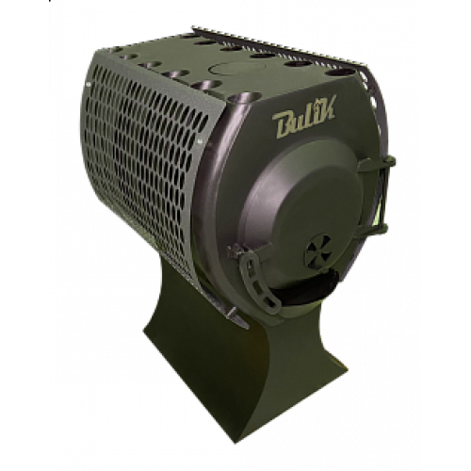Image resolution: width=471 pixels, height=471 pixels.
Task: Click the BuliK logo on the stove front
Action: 304,117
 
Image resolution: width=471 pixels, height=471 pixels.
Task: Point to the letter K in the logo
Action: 326,106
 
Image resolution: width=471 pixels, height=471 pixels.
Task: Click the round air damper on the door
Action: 317,251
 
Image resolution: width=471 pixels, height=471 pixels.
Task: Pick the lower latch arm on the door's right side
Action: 374,231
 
